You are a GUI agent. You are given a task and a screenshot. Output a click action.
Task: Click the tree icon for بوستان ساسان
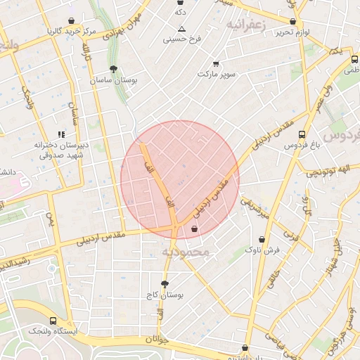113,69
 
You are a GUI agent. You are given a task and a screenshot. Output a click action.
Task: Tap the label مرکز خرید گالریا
70,32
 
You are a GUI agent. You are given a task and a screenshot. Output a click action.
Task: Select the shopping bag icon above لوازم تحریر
292,21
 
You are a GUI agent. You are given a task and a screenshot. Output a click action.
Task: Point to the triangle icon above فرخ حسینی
182,29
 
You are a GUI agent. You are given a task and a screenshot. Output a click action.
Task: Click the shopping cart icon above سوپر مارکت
215,63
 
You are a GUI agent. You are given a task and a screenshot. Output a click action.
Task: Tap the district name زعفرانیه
245,25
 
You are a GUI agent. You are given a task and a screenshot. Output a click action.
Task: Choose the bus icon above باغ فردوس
302,134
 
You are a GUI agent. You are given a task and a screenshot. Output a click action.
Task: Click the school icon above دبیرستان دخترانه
61,134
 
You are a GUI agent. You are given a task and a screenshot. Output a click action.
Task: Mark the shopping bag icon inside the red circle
194,228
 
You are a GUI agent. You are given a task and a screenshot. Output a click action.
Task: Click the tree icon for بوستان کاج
165,284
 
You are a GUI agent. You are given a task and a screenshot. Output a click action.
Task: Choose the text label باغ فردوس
302,146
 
